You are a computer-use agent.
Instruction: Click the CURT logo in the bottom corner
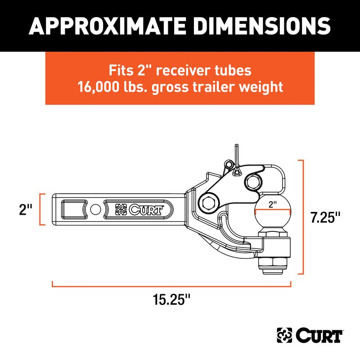(310, 336)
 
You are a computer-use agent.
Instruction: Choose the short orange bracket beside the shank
(43, 210)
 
